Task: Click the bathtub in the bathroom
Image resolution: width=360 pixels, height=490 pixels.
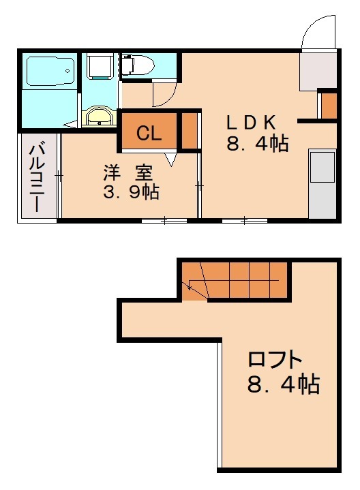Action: click(x=50, y=71)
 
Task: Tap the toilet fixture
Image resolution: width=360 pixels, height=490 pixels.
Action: click(x=138, y=65)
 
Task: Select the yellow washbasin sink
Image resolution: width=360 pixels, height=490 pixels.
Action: click(x=99, y=117)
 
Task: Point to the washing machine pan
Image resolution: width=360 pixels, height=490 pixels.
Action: click(x=100, y=66)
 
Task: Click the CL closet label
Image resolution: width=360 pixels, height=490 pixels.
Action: click(x=149, y=133)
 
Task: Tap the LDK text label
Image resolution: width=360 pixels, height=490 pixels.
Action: click(x=251, y=123)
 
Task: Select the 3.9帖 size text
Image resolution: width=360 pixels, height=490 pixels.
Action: click(x=131, y=192)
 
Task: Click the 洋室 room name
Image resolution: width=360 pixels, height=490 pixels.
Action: click(x=128, y=173)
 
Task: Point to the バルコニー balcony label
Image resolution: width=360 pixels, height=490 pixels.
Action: click(x=37, y=177)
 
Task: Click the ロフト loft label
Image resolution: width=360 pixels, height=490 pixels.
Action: click(x=275, y=359)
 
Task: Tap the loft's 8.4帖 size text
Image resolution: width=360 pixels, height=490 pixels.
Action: click(x=284, y=384)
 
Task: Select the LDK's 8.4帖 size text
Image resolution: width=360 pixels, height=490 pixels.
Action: click(x=257, y=143)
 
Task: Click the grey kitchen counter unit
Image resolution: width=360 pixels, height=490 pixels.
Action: click(x=322, y=184)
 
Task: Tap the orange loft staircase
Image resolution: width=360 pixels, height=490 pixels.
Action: click(x=235, y=281)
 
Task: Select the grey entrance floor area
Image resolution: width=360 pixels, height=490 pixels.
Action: click(x=318, y=71)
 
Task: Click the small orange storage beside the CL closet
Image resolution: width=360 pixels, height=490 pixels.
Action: click(x=190, y=131)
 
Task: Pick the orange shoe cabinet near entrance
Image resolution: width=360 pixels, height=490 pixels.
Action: click(x=329, y=106)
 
